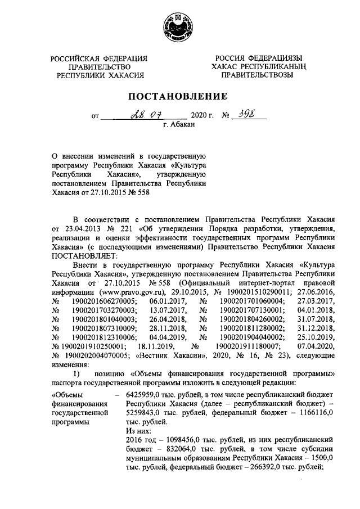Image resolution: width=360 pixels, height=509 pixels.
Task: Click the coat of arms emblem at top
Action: tap(179, 27)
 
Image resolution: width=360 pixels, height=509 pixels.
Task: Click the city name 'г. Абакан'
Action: tap(179, 125)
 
